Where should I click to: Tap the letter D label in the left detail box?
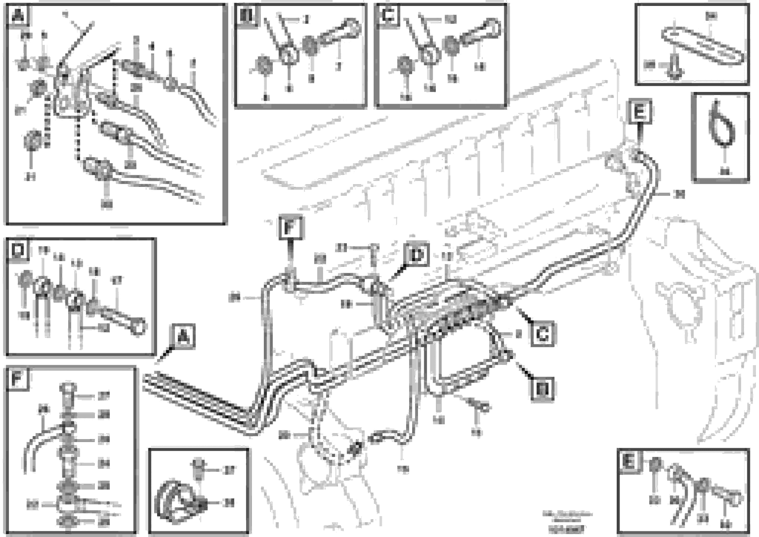pyautogui.click(x=18, y=250)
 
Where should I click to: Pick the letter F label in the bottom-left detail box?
pyautogui.click(x=17, y=379)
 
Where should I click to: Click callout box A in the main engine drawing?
pyautogui.click(x=183, y=336)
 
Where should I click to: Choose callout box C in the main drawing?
pyautogui.click(x=542, y=335)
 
